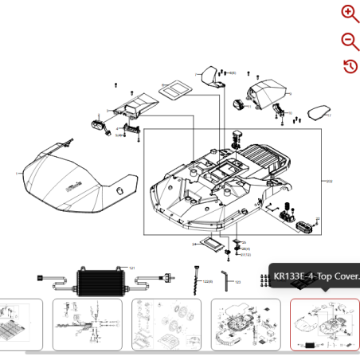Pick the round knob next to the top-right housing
click(x=239, y=104)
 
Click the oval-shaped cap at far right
click(x=318, y=113)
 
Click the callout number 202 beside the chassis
click(x=328, y=181)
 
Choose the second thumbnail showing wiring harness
click(x=88, y=324)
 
